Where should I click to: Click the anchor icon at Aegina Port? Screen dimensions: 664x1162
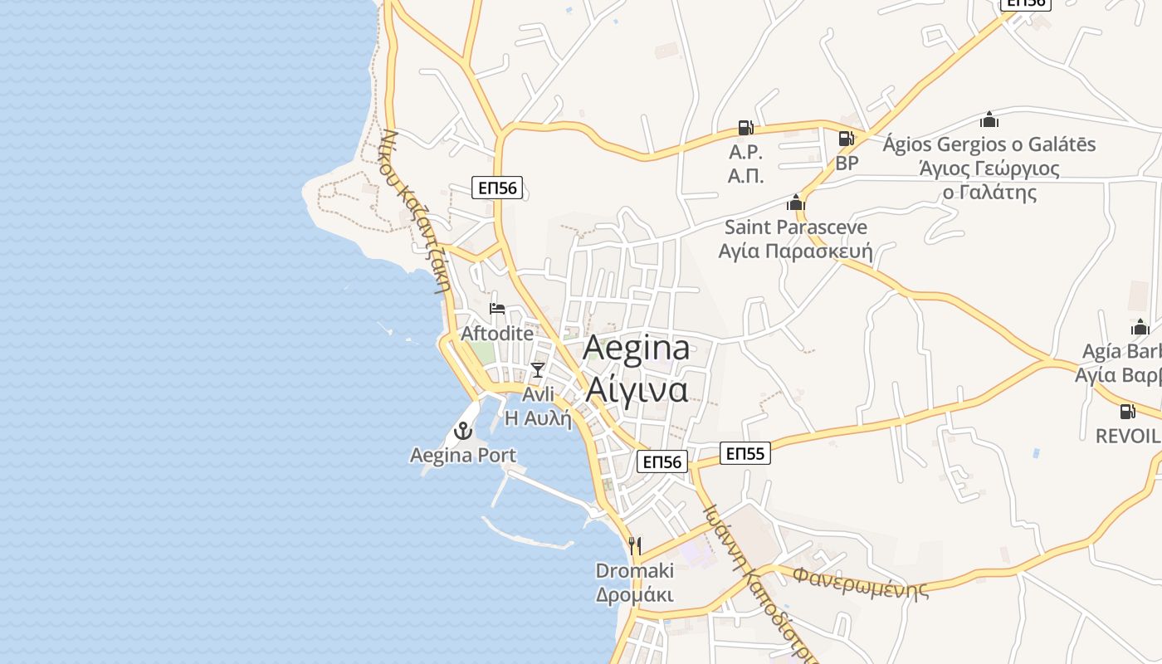(462, 431)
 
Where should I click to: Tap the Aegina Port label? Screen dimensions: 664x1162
(463, 455)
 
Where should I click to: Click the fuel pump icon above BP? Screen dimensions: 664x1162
(846, 139)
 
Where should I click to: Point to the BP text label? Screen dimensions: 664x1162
(847, 163)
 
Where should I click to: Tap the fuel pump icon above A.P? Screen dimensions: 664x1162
(745, 128)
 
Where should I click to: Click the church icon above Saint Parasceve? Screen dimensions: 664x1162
(795, 203)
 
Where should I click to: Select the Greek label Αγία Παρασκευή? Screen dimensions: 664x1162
(795, 251)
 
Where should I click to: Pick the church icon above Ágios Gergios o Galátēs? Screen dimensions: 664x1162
(989, 120)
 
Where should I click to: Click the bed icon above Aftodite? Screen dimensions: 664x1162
(497, 309)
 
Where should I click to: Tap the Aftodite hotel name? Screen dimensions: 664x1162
(497, 333)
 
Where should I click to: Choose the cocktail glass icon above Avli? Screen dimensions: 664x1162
(538, 370)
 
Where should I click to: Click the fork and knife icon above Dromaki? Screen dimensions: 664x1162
(635, 545)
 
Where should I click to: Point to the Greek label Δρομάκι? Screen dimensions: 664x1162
(635, 594)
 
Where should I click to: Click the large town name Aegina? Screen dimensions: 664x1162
(636, 348)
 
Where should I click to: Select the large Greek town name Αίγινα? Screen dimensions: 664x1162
(637, 388)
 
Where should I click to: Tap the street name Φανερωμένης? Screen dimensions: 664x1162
(860, 581)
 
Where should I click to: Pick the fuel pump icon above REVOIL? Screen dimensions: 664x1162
(1127, 412)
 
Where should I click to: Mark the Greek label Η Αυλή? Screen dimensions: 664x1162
(539, 417)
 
